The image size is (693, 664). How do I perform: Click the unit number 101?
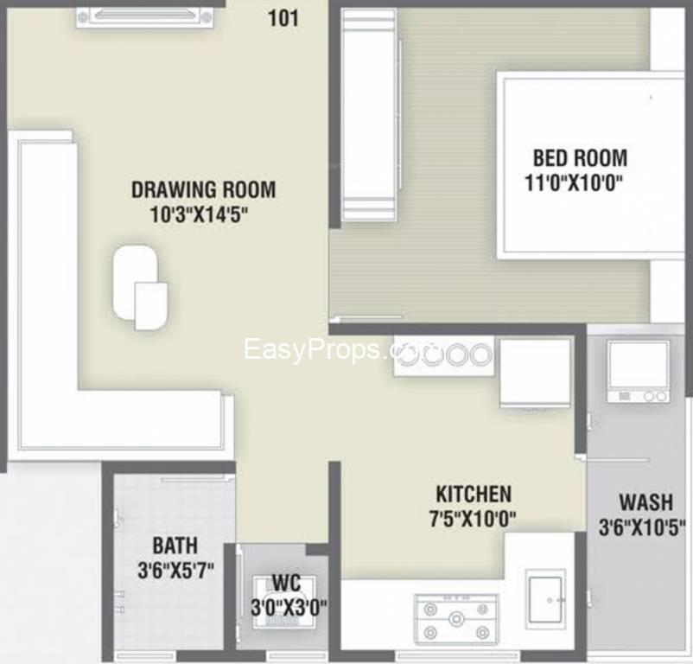283,18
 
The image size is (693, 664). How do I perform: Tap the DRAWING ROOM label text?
203,189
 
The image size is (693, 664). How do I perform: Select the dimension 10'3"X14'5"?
199,215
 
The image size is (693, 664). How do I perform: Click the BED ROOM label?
580,158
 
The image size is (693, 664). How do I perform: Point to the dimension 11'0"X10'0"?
574,182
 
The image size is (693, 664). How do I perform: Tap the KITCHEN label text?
474,494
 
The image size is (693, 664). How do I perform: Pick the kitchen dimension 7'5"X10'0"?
473,518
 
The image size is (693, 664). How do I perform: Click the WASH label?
645,502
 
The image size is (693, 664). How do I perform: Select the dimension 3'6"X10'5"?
642,527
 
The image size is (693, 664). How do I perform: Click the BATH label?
175,546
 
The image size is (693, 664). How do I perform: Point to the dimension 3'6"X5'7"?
176,570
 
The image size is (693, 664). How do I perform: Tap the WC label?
286,583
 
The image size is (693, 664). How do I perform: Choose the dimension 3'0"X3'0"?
289,607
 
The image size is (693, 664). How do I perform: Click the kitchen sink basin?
546,600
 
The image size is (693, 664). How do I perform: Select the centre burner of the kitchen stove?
455,618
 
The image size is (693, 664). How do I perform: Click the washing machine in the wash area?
638,371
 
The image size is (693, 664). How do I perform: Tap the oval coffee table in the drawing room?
135,282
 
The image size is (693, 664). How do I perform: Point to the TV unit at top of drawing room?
144,17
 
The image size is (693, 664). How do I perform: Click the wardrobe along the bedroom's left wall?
370,115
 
